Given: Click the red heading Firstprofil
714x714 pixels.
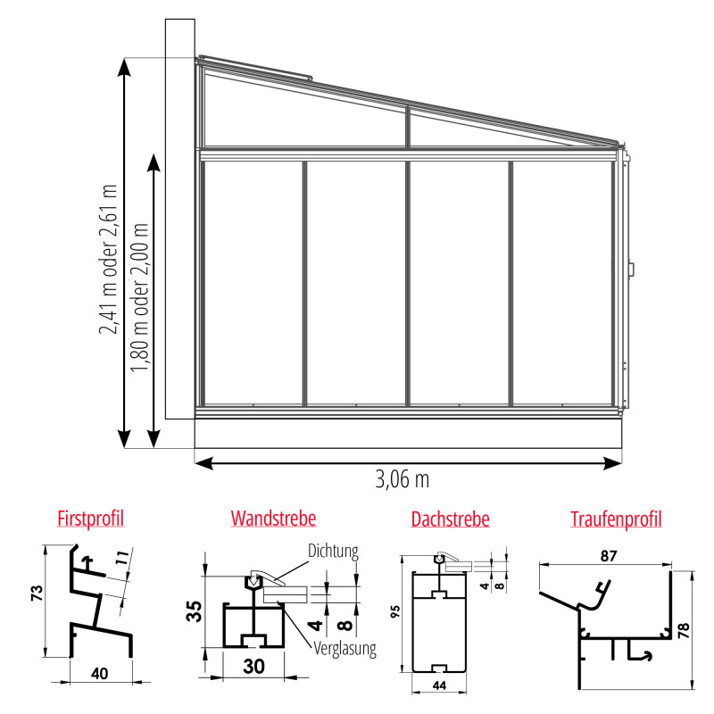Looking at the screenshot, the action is click(91, 519).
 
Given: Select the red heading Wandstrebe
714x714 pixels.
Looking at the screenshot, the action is click(273, 519).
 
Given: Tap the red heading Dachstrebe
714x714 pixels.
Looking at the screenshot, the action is click(450, 519).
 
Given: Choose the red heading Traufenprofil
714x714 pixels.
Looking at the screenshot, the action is click(616, 519).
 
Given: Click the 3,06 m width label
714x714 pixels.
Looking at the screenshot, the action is click(403, 479).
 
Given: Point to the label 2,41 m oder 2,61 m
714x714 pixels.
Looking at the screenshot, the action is click(108, 259).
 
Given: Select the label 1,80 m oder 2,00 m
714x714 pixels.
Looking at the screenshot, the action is click(140, 297).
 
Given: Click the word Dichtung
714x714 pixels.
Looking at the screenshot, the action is click(333, 551).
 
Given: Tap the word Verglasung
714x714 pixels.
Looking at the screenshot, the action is click(345, 649).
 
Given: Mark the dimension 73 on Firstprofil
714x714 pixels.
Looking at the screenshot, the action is click(37, 593).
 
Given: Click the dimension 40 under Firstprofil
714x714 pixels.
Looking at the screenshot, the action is click(100, 674).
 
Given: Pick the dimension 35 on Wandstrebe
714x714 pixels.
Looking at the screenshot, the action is click(194, 611).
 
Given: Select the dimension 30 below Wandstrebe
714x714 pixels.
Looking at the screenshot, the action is click(253, 667).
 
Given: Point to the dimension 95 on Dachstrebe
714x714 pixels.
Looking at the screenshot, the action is click(395, 611).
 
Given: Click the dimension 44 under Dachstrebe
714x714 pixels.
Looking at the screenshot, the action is click(439, 685).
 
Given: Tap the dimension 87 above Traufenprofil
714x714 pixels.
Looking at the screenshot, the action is click(609, 556).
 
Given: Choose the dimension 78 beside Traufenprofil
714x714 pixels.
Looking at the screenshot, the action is click(685, 630).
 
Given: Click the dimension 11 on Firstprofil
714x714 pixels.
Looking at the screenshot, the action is click(122, 558).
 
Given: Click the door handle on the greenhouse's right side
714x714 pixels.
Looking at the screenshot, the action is click(632, 269).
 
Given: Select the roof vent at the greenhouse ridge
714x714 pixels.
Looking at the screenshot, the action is click(256, 68).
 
